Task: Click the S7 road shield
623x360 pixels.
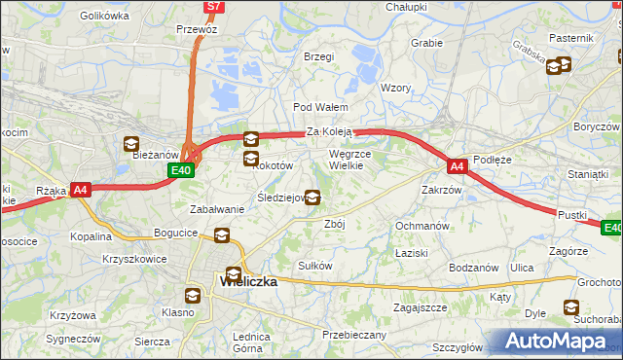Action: click(214, 7)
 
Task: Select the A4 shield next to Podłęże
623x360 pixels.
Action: click(458, 166)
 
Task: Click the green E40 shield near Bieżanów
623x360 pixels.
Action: click(179, 170)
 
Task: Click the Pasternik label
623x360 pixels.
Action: click(571, 37)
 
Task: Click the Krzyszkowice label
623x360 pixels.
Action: click(134, 260)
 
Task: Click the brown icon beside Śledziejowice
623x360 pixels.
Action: click(312, 198)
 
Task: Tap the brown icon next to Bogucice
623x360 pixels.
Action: click(223, 234)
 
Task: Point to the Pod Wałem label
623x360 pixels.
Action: click(314, 107)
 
